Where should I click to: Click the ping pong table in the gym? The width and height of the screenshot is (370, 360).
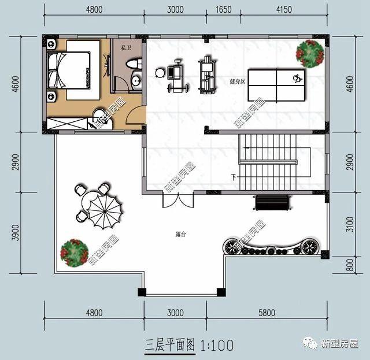(x=277, y=83)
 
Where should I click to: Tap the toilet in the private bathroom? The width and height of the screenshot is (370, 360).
(x=132, y=64)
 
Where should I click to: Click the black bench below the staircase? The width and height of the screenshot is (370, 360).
(x=272, y=203)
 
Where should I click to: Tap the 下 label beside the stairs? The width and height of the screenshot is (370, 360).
(x=233, y=177)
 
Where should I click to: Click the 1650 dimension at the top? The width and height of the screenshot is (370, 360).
(x=224, y=9)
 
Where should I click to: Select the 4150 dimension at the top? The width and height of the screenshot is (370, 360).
(x=284, y=9)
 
